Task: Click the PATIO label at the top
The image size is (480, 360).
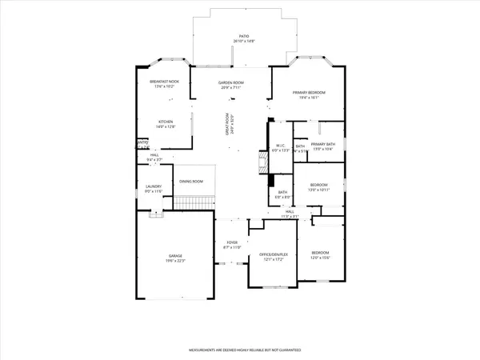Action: (247, 36)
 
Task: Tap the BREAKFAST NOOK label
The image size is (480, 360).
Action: (163, 82)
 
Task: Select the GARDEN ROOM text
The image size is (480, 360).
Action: (231, 82)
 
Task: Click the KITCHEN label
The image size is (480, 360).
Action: (166, 122)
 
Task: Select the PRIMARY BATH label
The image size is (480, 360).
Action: (322, 145)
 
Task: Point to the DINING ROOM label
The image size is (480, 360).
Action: (191, 182)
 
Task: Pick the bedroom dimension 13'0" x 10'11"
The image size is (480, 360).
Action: (318, 190)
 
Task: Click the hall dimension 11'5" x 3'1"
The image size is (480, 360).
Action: (289, 216)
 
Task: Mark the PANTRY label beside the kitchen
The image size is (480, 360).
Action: (143, 145)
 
